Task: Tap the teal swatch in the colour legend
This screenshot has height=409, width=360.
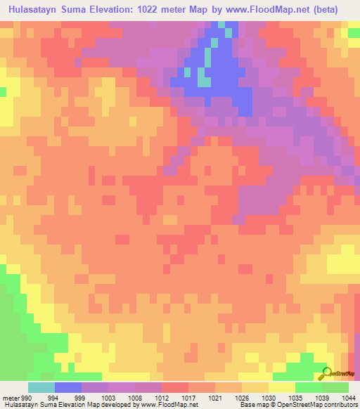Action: pyautogui.click(x=41, y=387)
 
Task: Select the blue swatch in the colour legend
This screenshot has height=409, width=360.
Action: pyautogui.click(x=67, y=387)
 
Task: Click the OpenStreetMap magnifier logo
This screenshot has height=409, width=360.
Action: pyautogui.click(x=326, y=373)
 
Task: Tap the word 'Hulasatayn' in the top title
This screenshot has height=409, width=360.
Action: pyautogui.click(x=34, y=10)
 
